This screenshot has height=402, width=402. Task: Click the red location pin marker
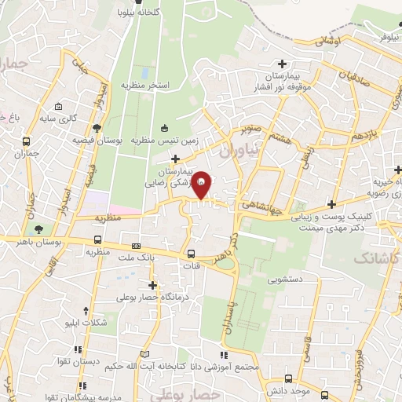(x=201, y=185)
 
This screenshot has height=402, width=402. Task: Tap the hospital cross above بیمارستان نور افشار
(x=282, y=64)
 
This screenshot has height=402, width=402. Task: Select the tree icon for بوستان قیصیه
(x=97, y=127)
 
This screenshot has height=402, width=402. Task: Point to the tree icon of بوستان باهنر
(x=38, y=228)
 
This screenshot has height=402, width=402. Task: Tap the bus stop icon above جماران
(x=27, y=143)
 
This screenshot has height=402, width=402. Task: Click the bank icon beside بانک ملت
(x=136, y=246)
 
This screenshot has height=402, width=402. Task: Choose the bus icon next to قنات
(x=192, y=254)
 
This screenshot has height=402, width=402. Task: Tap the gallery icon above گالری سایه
(x=58, y=107)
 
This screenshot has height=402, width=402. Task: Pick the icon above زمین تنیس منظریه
(x=164, y=129)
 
